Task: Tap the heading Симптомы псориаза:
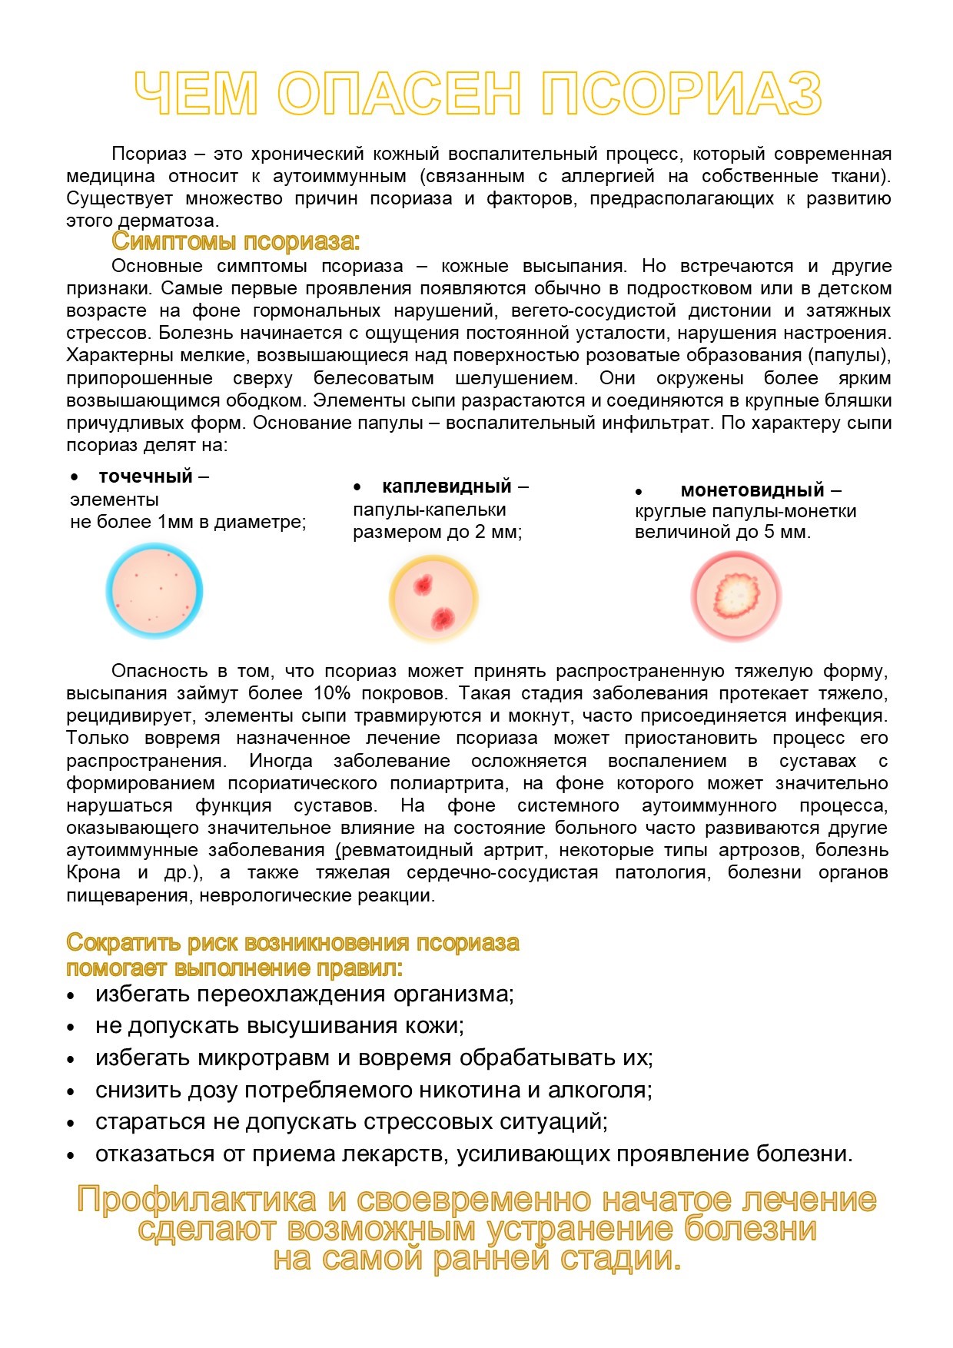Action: pyautogui.click(x=235, y=241)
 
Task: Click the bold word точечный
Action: pyautogui.click(x=145, y=476)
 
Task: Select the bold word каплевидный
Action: pyautogui.click(x=447, y=486)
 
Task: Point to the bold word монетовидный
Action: pyautogui.click(x=752, y=490)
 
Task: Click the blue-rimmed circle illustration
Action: pyautogui.click(x=154, y=591)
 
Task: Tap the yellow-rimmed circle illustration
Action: pyautogui.click(x=433, y=598)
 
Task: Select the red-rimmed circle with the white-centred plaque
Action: pyautogui.click(x=736, y=596)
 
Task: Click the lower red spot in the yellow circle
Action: pyautogui.click(x=443, y=616)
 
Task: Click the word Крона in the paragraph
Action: pyautogui.click(x=93, y=873)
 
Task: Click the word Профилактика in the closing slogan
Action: pyautogui.click(x=196, y=1200)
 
